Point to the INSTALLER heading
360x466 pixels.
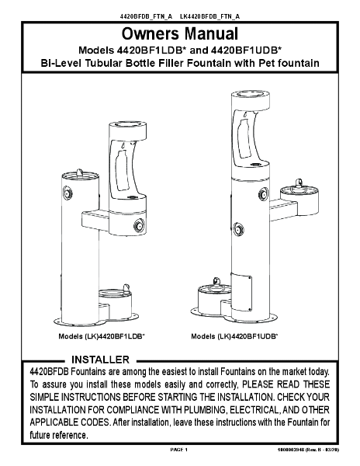100,360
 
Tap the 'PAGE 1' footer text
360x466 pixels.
179,450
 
